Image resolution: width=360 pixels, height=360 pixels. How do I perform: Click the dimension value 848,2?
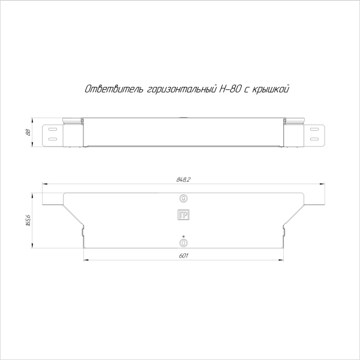tap(184, 179)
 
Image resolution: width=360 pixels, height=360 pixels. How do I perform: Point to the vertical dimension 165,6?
tap(29, 221)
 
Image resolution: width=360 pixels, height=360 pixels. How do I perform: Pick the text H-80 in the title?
tap(230, 89)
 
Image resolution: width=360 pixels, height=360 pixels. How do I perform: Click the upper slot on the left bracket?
tap(53, 129)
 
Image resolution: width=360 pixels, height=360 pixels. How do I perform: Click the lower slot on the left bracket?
tap(53, 140)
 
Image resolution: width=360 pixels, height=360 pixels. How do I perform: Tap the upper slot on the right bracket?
tap(314, 129)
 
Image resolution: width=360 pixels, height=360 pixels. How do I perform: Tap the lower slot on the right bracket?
tap(314, 140)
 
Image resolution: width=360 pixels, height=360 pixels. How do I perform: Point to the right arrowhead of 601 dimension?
tap(281, 260)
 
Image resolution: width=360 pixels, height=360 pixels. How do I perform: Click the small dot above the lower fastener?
tap(184, 235)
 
